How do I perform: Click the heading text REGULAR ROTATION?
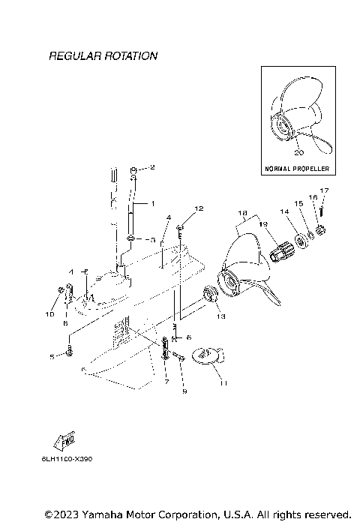click(103, 56)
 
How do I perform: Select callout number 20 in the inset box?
click(298, 152)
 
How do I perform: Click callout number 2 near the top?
click(151, 167)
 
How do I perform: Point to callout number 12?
click(199, 208)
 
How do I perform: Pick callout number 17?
click(324, 190)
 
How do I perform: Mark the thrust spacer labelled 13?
click(211, 292)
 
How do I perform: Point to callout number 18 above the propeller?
click(241, 213)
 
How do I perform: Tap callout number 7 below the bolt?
click(166, 382)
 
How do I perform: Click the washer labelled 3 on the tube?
click(131, 239)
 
